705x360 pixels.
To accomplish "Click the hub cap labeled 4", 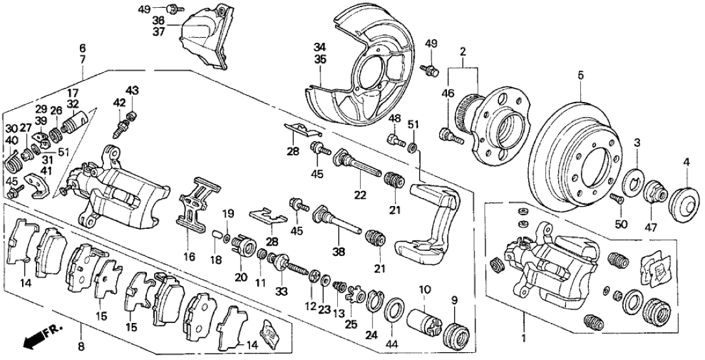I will (x=680, y=199).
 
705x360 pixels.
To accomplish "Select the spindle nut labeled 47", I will (x=654, y=192).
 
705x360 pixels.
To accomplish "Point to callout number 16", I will (x=189, y=257).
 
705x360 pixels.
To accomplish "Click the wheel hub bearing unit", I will (x=494, y=129).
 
